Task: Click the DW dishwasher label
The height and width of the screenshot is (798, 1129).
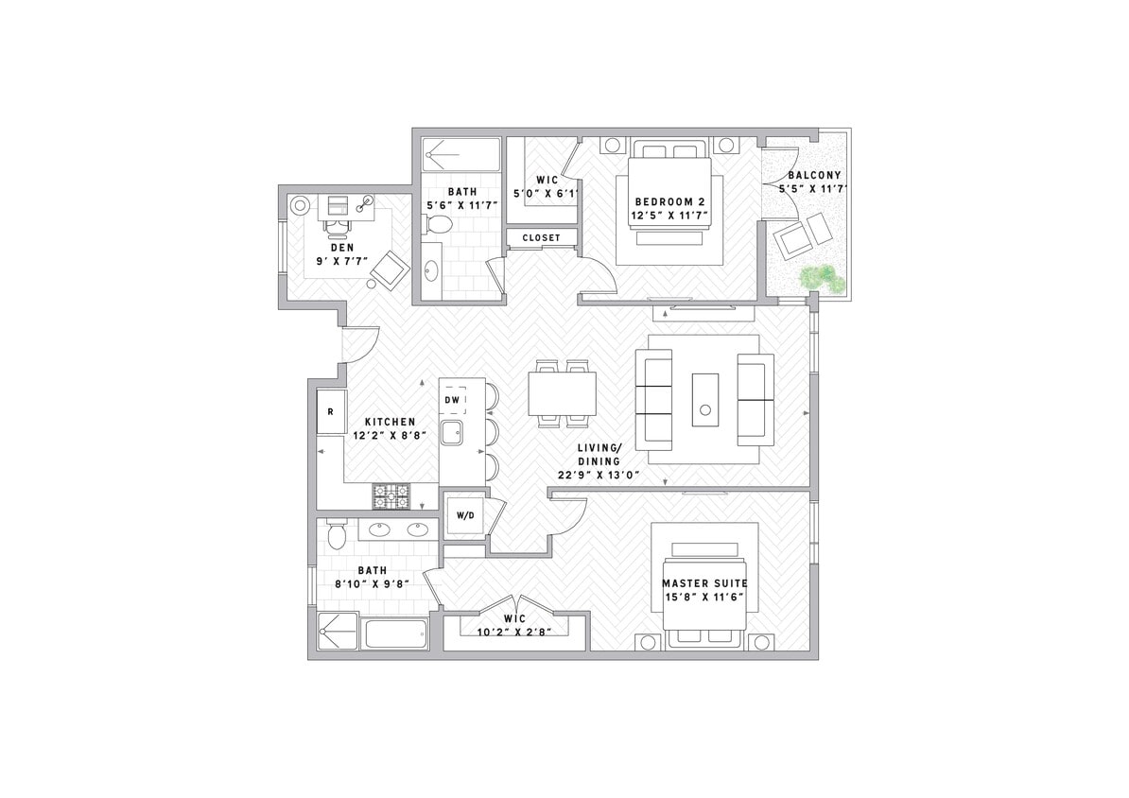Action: pos(453,401)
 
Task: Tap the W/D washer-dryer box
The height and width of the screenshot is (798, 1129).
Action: pos(464,516)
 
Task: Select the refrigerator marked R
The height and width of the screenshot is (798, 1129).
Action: pos(330,412)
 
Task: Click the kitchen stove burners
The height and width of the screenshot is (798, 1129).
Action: pos(391,494)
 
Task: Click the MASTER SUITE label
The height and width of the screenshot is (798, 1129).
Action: pos(704,583)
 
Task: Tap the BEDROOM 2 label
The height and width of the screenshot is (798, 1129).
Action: pos(669,202)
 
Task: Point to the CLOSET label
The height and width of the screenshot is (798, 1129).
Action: pos(541,238)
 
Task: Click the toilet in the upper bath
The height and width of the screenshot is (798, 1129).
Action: pos(438,225)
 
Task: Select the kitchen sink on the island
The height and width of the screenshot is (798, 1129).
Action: pos(453,434)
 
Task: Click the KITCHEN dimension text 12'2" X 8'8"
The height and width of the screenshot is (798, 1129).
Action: pos(390,436)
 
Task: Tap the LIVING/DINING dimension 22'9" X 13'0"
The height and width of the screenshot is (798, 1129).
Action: pos(600,475)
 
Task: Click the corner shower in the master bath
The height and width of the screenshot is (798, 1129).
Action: pos(338,631)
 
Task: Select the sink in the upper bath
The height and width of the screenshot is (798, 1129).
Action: pos(431,270)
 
